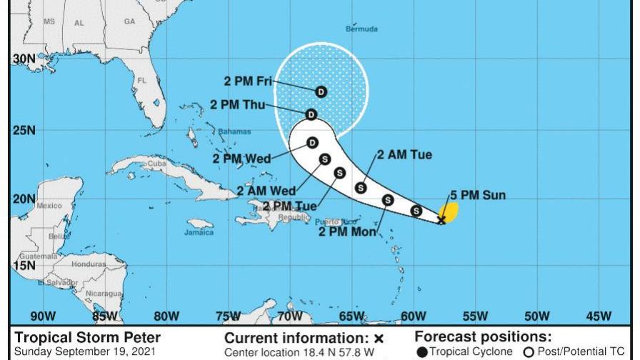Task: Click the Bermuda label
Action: (x=361, y=29)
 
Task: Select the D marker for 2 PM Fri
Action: (x=321, y=91)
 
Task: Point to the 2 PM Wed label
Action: (x=242, y=159)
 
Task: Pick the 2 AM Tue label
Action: (x=404, y=154)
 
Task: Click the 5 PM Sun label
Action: (x=478, y=195)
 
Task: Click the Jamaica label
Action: (x=199, y=232)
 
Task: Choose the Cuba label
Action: (x=156, y=164)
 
